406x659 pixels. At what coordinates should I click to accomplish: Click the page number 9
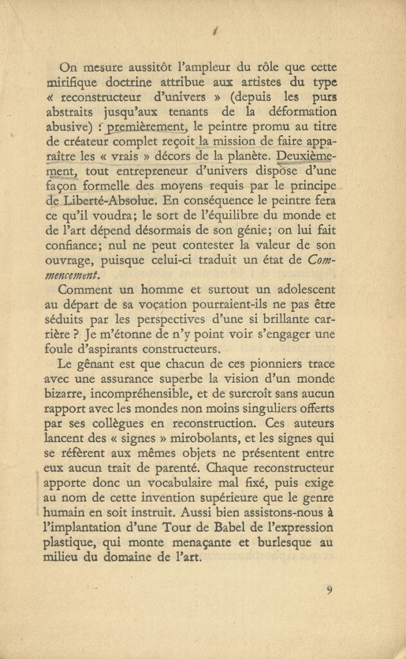point(329,589)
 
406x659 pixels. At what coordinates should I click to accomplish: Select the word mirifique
point(76,83)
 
